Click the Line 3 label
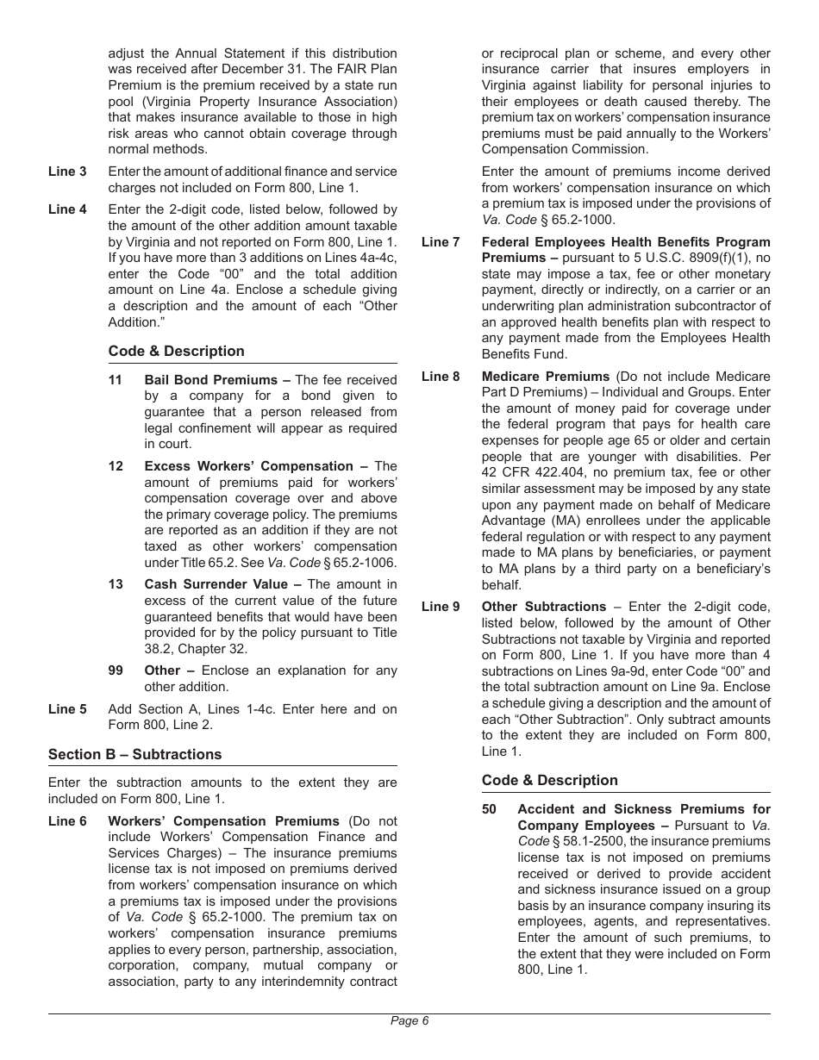(67, 171)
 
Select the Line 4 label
(67, 209)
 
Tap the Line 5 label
(67, 709)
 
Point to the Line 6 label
(67, 821)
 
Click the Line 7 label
(441, 242)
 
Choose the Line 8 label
(441, 377)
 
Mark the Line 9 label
(441, 607)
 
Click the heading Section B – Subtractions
(134, 754)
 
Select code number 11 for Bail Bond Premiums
(116, 380)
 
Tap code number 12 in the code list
(116, 466)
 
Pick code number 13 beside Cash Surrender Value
(116, 584)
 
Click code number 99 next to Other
(116, 670)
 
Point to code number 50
(489, 809)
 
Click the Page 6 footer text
(409, 1021)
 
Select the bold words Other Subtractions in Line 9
(544, 607)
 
